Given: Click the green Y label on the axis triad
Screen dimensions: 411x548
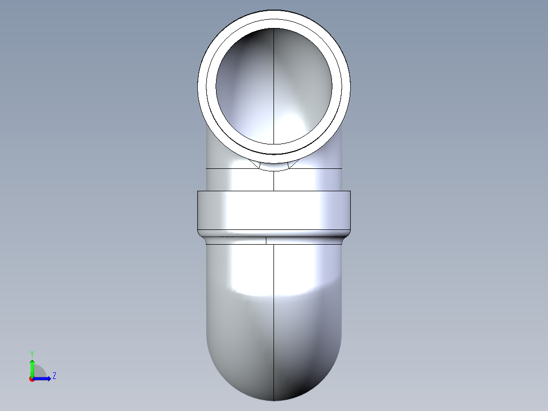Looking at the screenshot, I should coord(32,353).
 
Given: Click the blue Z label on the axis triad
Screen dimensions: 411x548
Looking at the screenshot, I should coord(54,376).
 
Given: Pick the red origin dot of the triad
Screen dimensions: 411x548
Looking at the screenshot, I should coord(32,379).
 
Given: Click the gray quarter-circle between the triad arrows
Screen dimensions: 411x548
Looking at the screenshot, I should coord(39,372).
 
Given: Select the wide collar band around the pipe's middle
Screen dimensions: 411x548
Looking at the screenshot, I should coord(273,210).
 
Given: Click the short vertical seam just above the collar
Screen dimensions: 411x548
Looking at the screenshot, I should coord(274,181).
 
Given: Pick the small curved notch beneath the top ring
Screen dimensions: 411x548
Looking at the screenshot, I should coord(274,166).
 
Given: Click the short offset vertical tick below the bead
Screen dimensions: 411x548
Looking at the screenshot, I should coord(266,240).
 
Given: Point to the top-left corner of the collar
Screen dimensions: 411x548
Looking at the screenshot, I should coord(198,191).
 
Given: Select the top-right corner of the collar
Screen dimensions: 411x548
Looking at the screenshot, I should coord(350,191).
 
